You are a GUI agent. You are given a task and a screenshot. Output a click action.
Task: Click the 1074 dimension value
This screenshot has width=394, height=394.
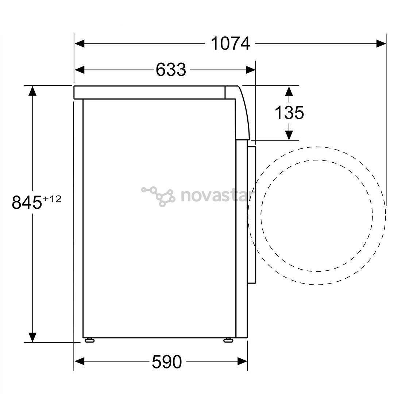tap(231, 44)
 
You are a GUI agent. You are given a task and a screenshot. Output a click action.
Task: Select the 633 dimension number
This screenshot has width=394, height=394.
tap(171, 70)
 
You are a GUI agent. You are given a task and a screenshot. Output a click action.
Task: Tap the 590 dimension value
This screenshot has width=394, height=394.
tap(167, 362)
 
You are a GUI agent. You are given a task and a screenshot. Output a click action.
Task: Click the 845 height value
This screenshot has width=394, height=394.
tap(27, 202)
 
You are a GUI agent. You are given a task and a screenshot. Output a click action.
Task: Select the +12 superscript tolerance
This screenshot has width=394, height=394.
tap(52, 199)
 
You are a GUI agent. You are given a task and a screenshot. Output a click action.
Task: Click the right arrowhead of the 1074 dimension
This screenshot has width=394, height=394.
tap(381, 44)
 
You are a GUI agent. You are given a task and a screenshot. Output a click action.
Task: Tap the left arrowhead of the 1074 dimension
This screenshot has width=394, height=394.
tap(80, 44)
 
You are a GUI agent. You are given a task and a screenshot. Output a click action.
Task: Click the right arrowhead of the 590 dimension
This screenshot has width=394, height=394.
tap(242, 362)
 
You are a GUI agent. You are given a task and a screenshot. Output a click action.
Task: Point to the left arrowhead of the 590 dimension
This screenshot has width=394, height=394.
tap(80, 362)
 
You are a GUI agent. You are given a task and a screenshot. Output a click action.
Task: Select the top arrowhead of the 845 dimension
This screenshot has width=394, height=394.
tap(33, 91)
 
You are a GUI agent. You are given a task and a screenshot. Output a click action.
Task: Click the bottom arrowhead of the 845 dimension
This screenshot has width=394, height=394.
tap(33, 337)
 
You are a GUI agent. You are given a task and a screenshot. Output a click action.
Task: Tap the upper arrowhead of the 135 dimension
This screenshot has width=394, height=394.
tap(289, 91)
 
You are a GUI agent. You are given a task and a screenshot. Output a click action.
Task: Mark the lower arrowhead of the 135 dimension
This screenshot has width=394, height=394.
tap(289, 135)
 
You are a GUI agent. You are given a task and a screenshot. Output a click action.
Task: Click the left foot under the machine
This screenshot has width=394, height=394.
tap(89, 340)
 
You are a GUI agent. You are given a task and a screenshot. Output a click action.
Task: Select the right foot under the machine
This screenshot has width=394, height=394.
tap(228, 340)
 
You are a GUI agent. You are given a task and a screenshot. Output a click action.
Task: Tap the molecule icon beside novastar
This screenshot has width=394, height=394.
tap(159, 196)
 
